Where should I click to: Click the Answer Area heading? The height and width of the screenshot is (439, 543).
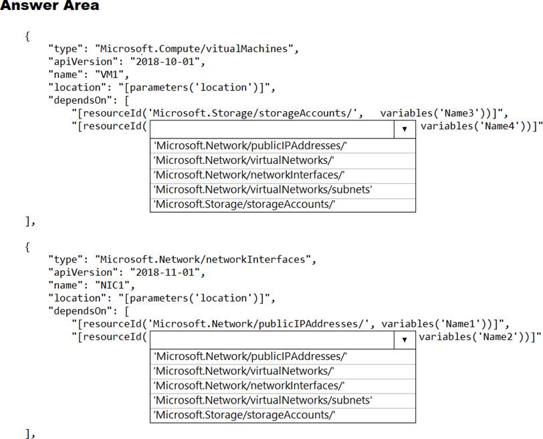click(49, 6)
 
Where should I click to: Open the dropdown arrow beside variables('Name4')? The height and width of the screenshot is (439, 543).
click(405, 129)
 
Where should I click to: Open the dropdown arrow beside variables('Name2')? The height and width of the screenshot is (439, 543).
click(405, 340)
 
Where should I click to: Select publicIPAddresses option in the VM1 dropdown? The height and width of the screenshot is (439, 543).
click(250, 146)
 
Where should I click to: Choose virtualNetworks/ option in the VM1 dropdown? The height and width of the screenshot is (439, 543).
click(244, 161)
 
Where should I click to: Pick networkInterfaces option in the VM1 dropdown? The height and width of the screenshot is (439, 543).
click(249, 175)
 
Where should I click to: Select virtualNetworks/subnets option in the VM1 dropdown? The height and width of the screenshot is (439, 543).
click(263, 189)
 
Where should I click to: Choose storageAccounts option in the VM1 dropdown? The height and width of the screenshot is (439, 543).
click(244, 204)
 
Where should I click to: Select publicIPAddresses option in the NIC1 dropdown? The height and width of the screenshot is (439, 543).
click(250, 357)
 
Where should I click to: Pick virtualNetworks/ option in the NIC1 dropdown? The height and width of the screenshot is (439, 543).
click(244, 371)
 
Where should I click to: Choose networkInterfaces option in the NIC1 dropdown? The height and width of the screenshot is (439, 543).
click(249, 385)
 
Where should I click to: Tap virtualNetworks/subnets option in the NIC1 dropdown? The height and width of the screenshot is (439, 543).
click(263, 400)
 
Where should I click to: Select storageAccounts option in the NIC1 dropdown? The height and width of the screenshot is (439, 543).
click(244, 415)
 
